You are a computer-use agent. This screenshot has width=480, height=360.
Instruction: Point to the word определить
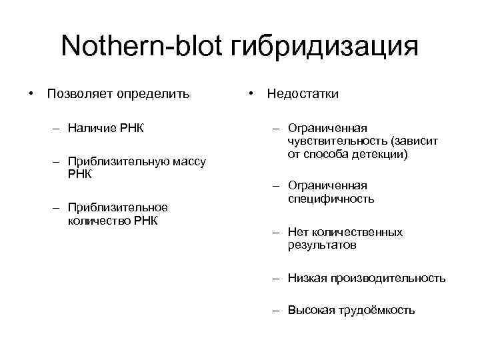click(153, 93)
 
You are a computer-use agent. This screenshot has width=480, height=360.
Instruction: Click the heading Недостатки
click(303, 93)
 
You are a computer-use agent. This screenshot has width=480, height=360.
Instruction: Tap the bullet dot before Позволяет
click(30, 93)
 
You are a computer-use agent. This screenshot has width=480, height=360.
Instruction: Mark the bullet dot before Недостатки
click(249, 93)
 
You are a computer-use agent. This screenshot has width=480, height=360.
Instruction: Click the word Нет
click(298, 232)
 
